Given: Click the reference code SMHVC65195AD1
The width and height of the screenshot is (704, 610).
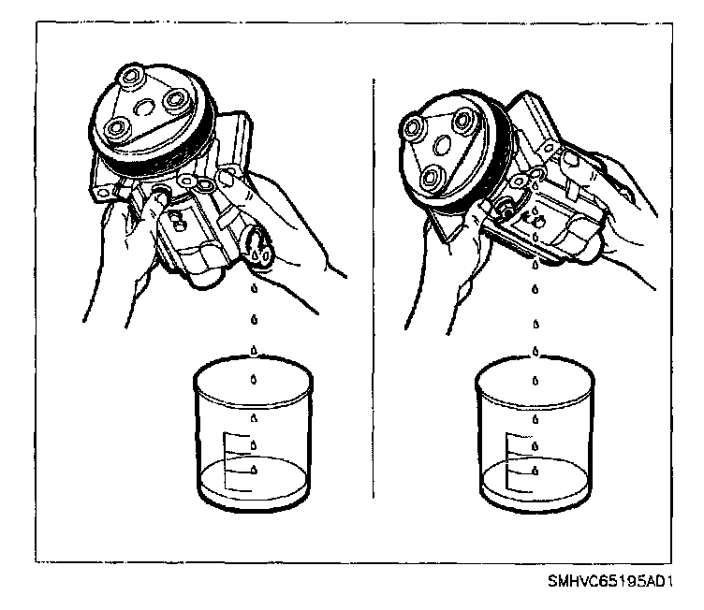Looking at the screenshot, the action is click(x=609, y=581).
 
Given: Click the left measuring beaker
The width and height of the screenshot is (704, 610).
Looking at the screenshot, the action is click(x=253, y=433).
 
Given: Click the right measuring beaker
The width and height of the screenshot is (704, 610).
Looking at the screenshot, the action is click(x=535, y=433).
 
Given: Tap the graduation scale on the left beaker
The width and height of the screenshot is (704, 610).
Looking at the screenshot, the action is click(x=237, y=462).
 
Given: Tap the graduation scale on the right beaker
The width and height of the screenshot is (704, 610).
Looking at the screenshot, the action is click(x=519, y=462).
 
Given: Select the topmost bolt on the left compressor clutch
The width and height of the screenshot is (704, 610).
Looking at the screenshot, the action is click(x=130, y=76).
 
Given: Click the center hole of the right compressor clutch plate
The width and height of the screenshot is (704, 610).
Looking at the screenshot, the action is click(x=441, y=145).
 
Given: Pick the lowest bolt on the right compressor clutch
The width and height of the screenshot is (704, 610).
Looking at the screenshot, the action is click(x=433, y=178).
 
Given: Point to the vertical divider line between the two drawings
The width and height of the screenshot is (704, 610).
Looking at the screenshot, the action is click(x=374, y=288).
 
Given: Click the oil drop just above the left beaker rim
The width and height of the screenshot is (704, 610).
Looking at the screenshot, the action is click(x=254, y=350).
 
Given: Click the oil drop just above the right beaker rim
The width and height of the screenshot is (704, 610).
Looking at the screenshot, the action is click(x=535, y=351).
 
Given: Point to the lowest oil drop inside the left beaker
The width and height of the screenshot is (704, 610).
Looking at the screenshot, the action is click(x=254, y=470).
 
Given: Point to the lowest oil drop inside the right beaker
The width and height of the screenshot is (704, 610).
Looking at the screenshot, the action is click(x=535, y=471).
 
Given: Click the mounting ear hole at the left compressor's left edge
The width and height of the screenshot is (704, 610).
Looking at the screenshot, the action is click(x=104, y=193).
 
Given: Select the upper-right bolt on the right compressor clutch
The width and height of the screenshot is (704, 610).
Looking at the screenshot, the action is click(x=462, y=122).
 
